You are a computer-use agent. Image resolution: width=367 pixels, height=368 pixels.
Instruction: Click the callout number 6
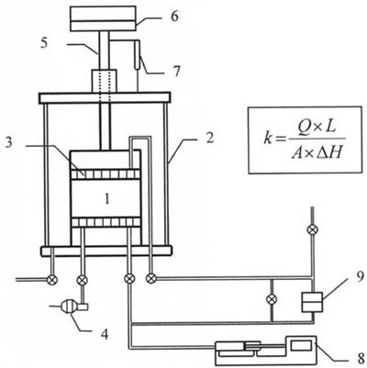coord(174,17)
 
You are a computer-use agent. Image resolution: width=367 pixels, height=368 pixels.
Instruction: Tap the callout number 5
coord(44,43)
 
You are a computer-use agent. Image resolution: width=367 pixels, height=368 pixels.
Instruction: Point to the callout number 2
coord(209,139)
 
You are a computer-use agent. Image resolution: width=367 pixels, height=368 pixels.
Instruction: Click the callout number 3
coord(9,142)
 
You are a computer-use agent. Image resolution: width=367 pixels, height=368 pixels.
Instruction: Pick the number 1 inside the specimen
coord(107,199)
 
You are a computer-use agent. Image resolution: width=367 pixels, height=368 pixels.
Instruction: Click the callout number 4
coord(105,334)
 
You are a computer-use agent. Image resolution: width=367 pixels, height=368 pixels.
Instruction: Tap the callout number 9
coord(360,276)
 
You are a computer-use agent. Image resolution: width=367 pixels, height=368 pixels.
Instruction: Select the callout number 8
coord(360,358)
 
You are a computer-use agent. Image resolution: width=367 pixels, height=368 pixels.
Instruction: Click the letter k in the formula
coord(268,139)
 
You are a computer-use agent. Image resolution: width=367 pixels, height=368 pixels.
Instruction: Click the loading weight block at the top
coord(103,18)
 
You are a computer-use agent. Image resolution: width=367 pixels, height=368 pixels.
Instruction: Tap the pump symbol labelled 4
coord(70,307)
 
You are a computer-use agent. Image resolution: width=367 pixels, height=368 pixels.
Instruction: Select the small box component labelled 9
coord(312,302)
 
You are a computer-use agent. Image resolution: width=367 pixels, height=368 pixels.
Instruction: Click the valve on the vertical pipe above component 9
coord(312,229)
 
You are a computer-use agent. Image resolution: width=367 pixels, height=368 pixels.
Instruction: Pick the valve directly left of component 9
coord(272,298)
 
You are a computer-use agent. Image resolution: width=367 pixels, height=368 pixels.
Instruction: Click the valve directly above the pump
coord(82,280)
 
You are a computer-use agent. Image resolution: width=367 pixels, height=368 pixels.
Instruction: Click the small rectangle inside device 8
coord(301,346)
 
